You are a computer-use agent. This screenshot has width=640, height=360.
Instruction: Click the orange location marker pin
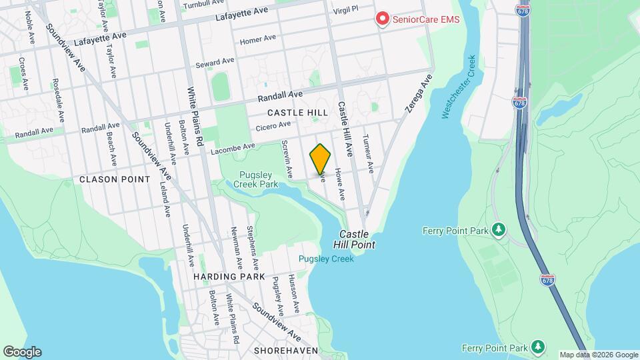pos(320,158)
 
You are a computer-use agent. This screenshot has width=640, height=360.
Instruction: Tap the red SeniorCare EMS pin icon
pos(383,19)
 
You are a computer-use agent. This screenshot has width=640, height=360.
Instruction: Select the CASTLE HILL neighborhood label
pos(298,113)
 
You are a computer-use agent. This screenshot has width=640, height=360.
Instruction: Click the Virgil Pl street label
pos(345,9)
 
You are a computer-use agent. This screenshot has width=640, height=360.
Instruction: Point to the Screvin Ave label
pos(287,159)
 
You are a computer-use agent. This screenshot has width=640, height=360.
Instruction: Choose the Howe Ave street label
pos(340,184)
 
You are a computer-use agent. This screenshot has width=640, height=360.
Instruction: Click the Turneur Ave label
pos(367,152)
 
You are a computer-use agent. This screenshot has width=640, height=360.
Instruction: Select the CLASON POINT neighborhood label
pos(107,179)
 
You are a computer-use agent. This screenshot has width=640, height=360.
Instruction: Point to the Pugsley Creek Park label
pos(259,179)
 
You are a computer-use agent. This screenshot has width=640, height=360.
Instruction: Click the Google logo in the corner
pos(22,352)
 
